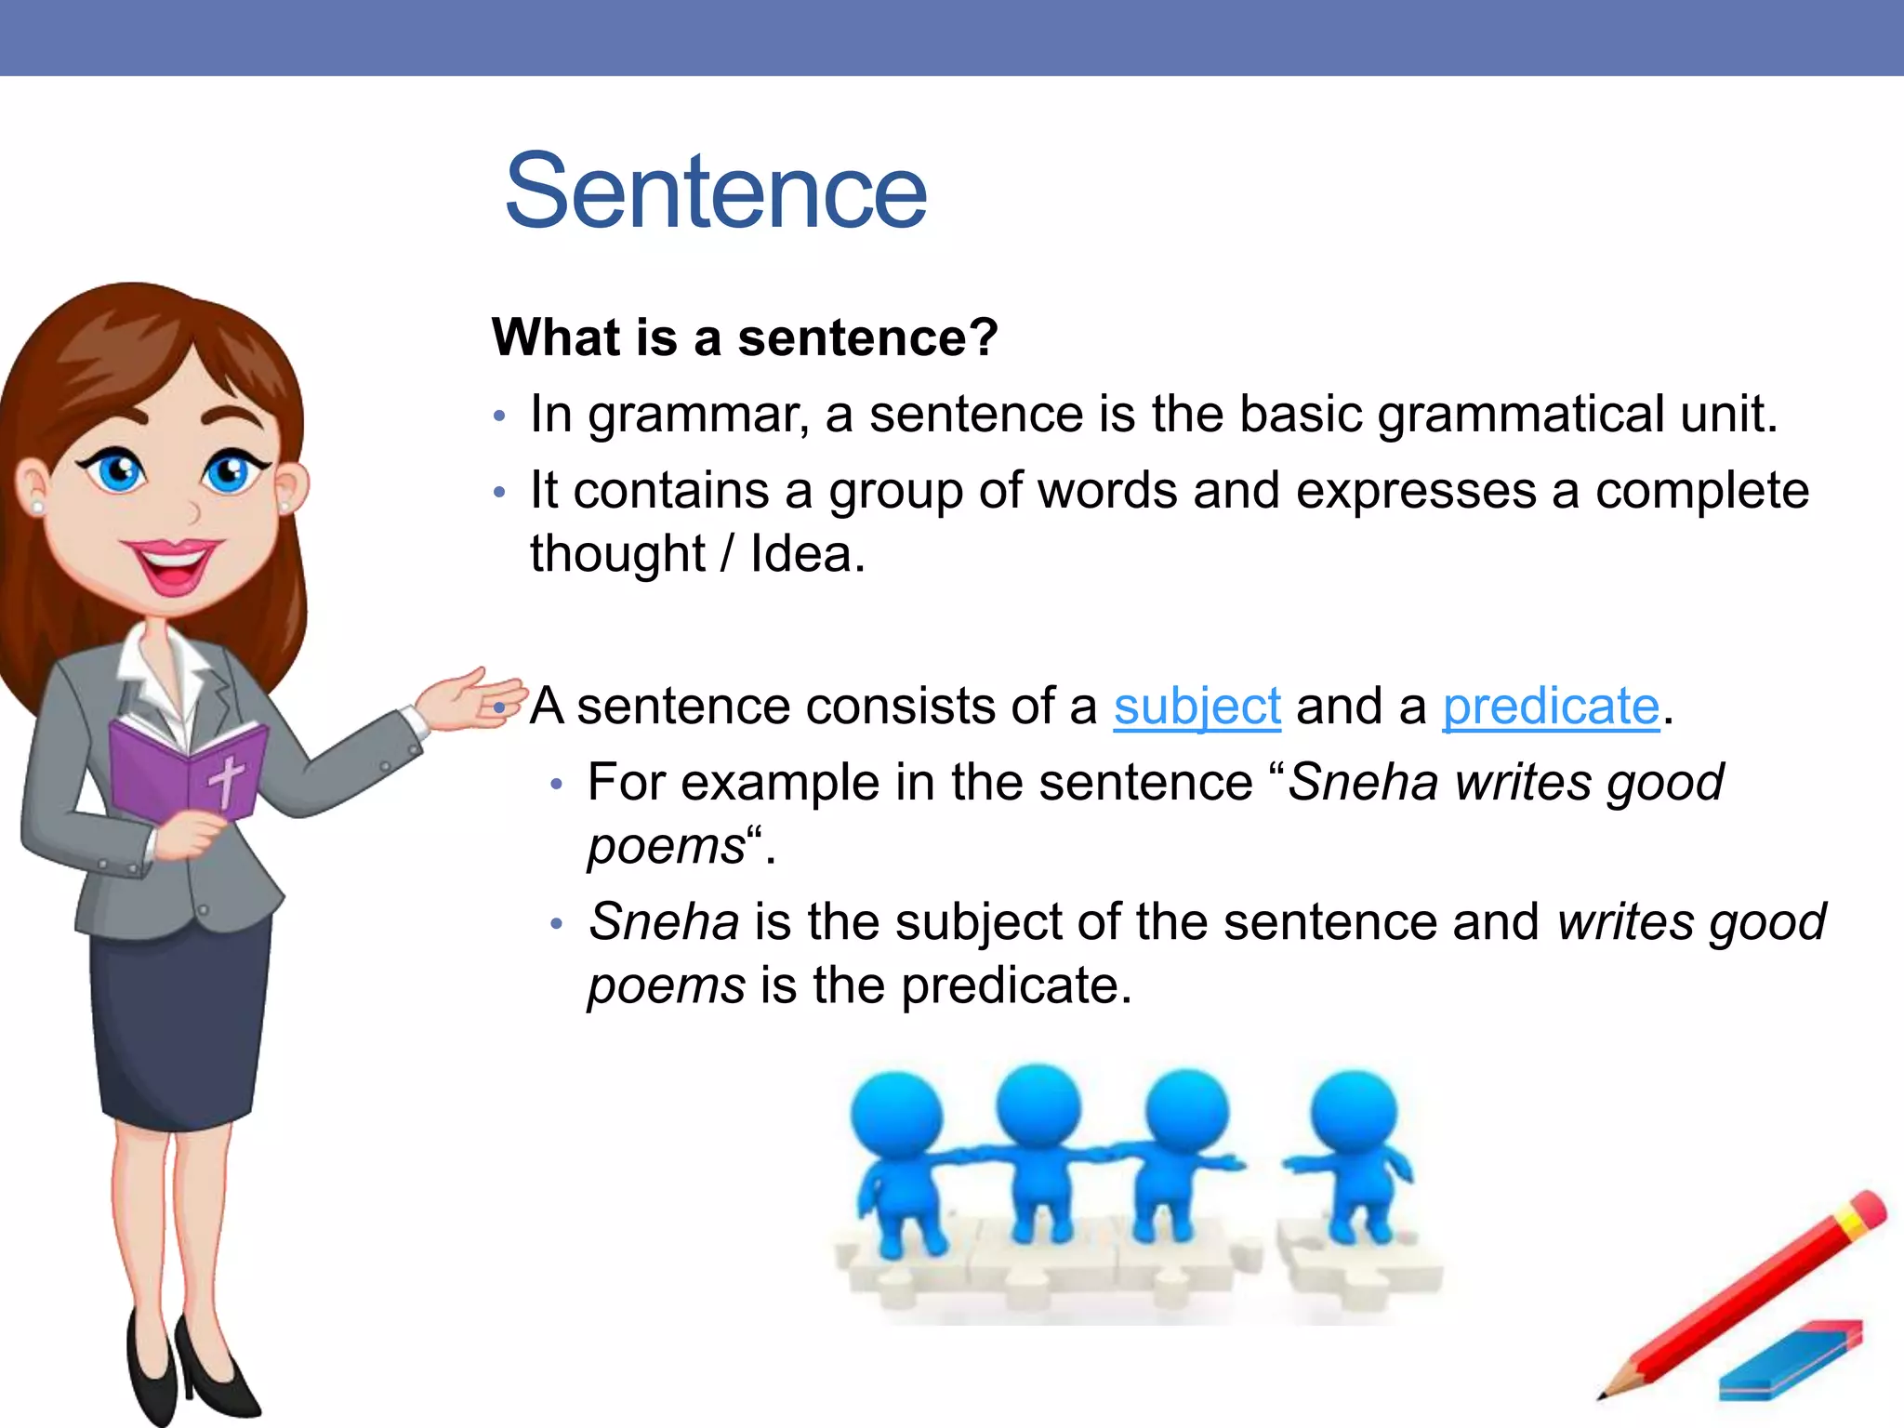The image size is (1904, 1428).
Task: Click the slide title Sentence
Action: (715, 192)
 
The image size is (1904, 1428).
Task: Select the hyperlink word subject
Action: (1197, 707)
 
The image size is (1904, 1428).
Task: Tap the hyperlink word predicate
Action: (1550, 707)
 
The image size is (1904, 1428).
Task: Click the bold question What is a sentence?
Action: (745, 337)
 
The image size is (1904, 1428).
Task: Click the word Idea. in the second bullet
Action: (807, 555)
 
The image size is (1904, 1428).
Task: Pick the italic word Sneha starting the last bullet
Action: (664, 922)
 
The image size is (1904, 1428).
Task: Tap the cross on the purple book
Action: (226, 779)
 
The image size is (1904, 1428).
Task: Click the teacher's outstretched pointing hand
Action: (469, 699)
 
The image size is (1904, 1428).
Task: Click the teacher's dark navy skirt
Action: (181, 1023)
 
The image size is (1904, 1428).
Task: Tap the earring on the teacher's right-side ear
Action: (284, 506)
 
